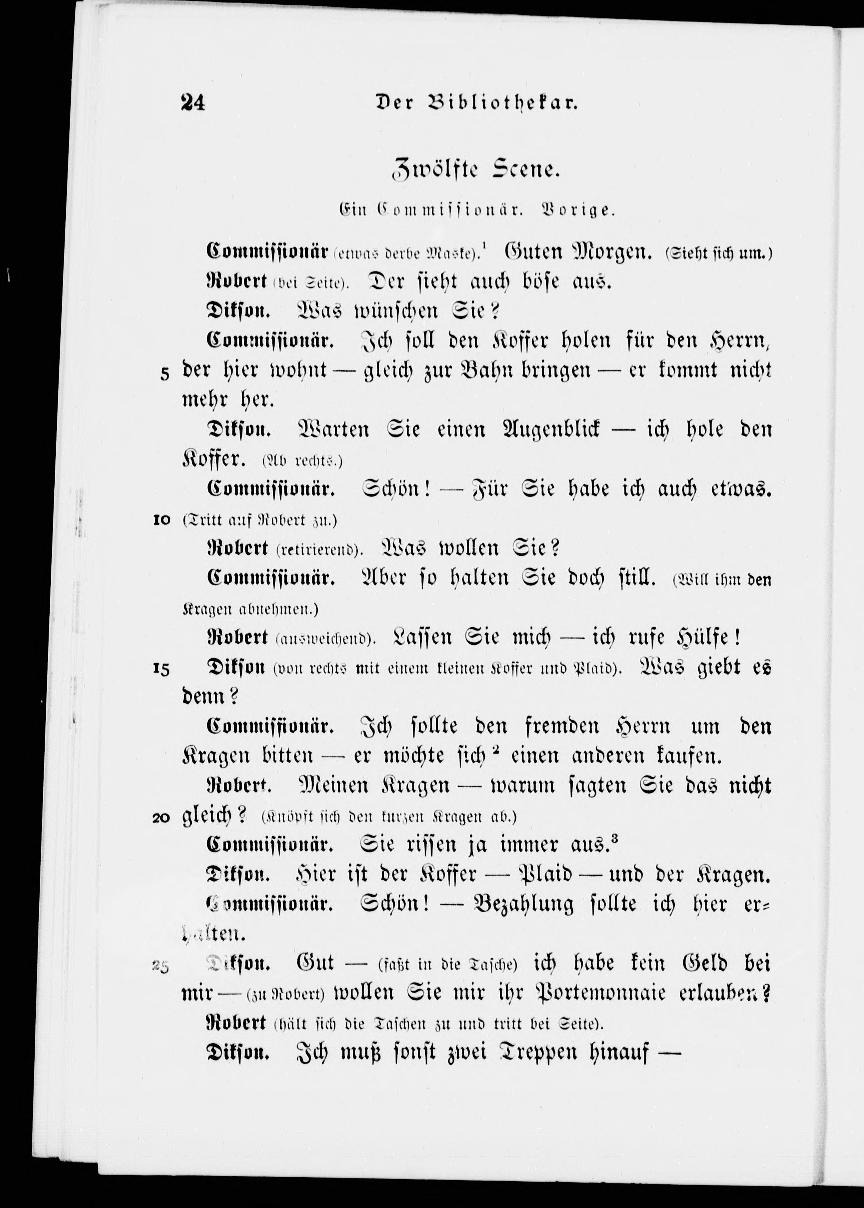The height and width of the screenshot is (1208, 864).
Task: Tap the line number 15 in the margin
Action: coord(161,671)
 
